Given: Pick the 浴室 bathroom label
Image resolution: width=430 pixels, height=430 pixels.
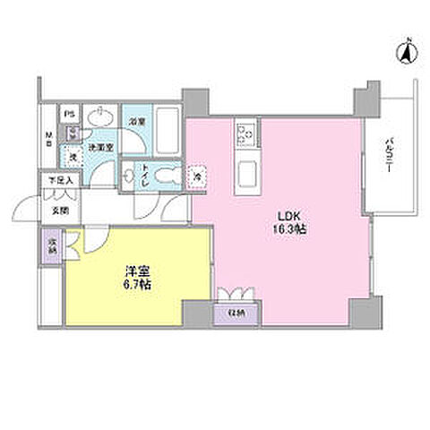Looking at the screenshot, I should pyautogui.click(x=135, y=120).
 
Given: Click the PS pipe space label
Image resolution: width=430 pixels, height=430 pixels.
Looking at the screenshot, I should pyautogui.click(x=69, y=114).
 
